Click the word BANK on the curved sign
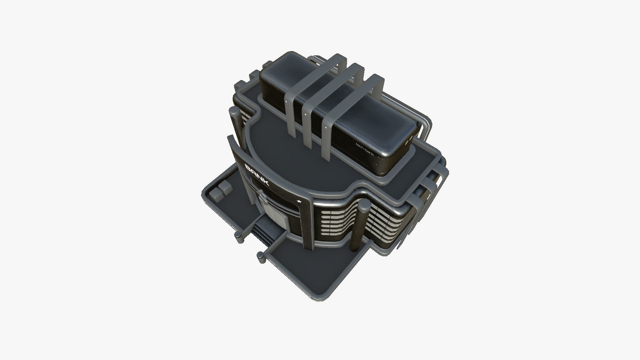coord(257,175)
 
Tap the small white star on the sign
coord(299,201)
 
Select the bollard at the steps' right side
coord(261,256)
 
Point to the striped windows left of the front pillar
coord(337,223)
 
